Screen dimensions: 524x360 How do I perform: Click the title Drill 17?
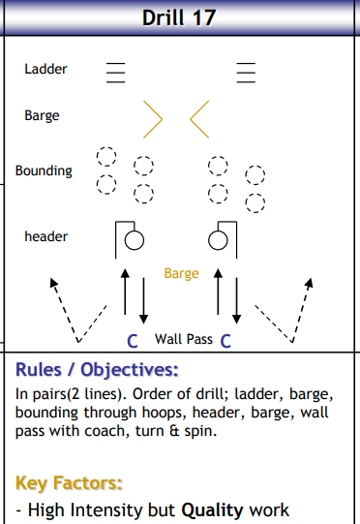click(x=180, y=17)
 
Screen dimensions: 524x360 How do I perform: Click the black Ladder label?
click(x=45, y=70)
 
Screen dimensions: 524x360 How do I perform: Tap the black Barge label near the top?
click(x=42, y=115)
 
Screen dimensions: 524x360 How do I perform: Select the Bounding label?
click(x=44, y=170)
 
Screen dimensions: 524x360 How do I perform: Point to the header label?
click(x=45, y=236)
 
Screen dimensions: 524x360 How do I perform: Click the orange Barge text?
click(x=181, y=274)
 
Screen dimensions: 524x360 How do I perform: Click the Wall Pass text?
click(x=184, y=339)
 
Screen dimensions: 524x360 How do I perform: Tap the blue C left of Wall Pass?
click(x=134, y=340)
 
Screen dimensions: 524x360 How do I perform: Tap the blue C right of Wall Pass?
click(x=225, y=340)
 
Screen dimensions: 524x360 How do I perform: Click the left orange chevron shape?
click(x=153, y=117)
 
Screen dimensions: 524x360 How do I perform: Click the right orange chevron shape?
click(x=200, y=117)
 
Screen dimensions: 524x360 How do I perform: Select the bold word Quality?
click(x=213, y=510)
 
